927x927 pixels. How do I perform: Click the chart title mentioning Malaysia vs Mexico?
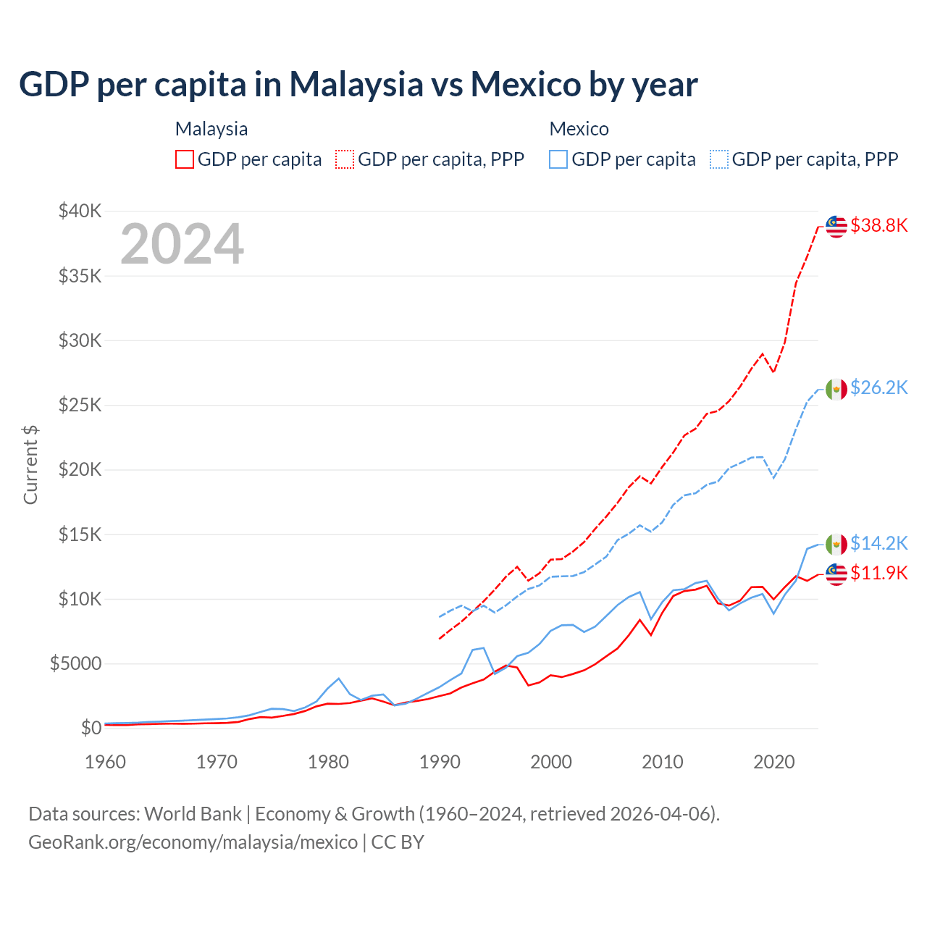click(358, 85)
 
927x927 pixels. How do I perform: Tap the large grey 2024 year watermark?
click(182, 244)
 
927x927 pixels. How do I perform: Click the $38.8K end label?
click(878, 225)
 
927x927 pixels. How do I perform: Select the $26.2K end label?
click(878, 387)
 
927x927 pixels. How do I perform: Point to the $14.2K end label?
click(878, 543)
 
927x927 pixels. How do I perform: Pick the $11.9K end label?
click(878, 573)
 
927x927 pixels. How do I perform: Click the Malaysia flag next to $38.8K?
click(836, 226)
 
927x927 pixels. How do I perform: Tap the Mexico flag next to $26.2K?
click(836, 389)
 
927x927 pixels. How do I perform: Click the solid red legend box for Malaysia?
click(185, 159)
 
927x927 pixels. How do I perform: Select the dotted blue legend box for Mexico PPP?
click(719, 159)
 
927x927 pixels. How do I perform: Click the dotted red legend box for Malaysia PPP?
click(345, 159)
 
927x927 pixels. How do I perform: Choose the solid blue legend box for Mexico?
click(558, 159)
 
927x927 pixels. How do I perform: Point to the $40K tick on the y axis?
click(80, 211)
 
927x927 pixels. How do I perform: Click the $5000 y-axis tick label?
click(75, 663)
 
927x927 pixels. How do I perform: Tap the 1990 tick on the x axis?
click(440, 762)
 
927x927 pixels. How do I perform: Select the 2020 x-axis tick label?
click(774, 762)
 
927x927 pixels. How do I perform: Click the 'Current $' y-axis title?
click(30, 464)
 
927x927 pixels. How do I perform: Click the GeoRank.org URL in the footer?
click(193, 842)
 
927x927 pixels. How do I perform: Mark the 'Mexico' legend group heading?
click(579, 129)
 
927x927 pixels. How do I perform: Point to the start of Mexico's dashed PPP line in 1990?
click(440, 617)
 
